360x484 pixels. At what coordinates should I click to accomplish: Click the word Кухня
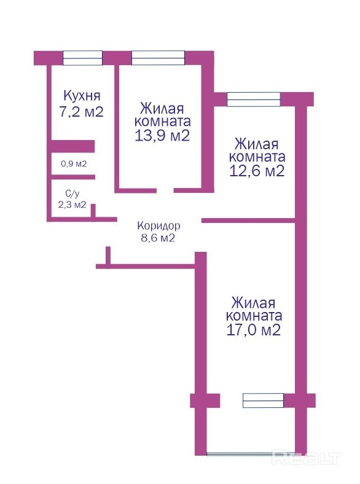point(82,95)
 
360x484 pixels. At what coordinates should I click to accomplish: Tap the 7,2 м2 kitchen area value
point(82,111)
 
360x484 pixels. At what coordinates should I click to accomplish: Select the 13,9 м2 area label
point(162,136)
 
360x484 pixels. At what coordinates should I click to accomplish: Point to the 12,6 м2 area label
point(257,171)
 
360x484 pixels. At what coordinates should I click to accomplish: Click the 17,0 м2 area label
point(254,330)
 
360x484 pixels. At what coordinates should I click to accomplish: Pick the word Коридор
point(158,226)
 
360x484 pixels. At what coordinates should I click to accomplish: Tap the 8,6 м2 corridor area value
point(158,238)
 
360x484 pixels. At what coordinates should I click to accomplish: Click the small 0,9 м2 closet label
point(74,163)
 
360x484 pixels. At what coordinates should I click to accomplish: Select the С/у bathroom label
point(72,194)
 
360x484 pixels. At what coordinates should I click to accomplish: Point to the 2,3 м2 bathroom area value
point(72,205)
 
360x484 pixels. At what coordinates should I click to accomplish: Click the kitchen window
point(83,58)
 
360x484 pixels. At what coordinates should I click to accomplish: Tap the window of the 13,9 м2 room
point(158,58)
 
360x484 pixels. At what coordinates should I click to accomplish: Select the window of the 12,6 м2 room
point(254,100)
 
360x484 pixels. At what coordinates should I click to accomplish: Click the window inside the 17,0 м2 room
point(264,400)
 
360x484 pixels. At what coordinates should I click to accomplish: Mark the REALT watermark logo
point(307,458)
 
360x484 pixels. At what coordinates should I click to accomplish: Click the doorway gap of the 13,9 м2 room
point(165,190)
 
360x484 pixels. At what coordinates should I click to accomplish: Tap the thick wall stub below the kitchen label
point(73,146)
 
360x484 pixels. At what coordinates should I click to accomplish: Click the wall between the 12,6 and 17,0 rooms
point(249,221)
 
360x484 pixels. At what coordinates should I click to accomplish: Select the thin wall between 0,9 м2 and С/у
point(73,177)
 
